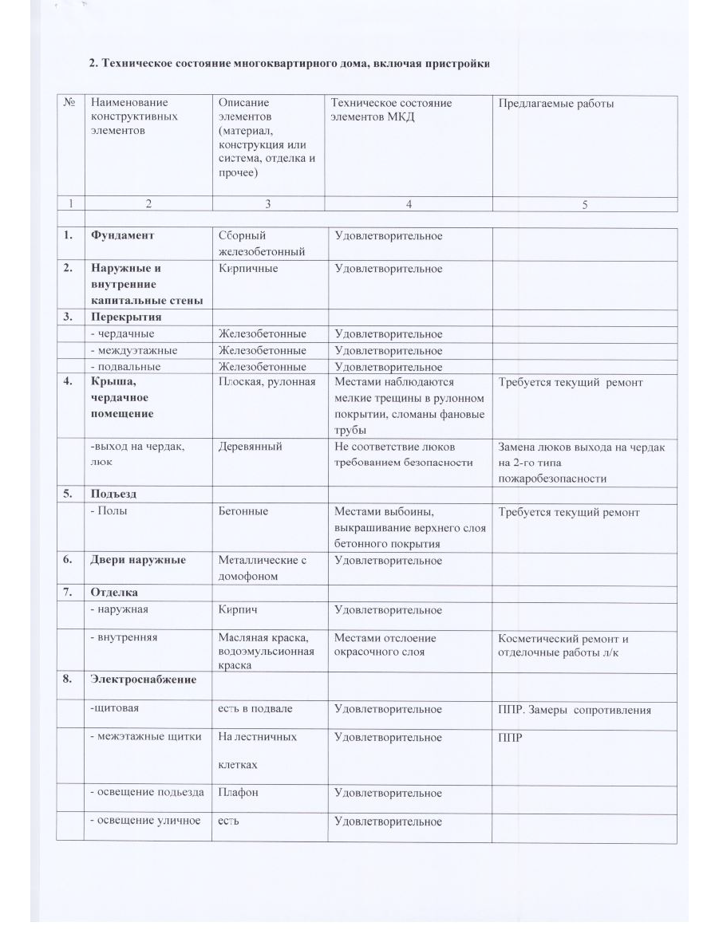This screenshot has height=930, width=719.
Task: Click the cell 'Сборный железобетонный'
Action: tap(262, 244)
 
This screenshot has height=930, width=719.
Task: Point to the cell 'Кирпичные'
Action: tap(249, 269)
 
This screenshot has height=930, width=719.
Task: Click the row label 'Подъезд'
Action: tap(114, 494)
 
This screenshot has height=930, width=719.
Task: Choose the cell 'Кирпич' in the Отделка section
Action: tap(239, 609)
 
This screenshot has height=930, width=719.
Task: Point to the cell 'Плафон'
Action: tap(239, 793)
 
